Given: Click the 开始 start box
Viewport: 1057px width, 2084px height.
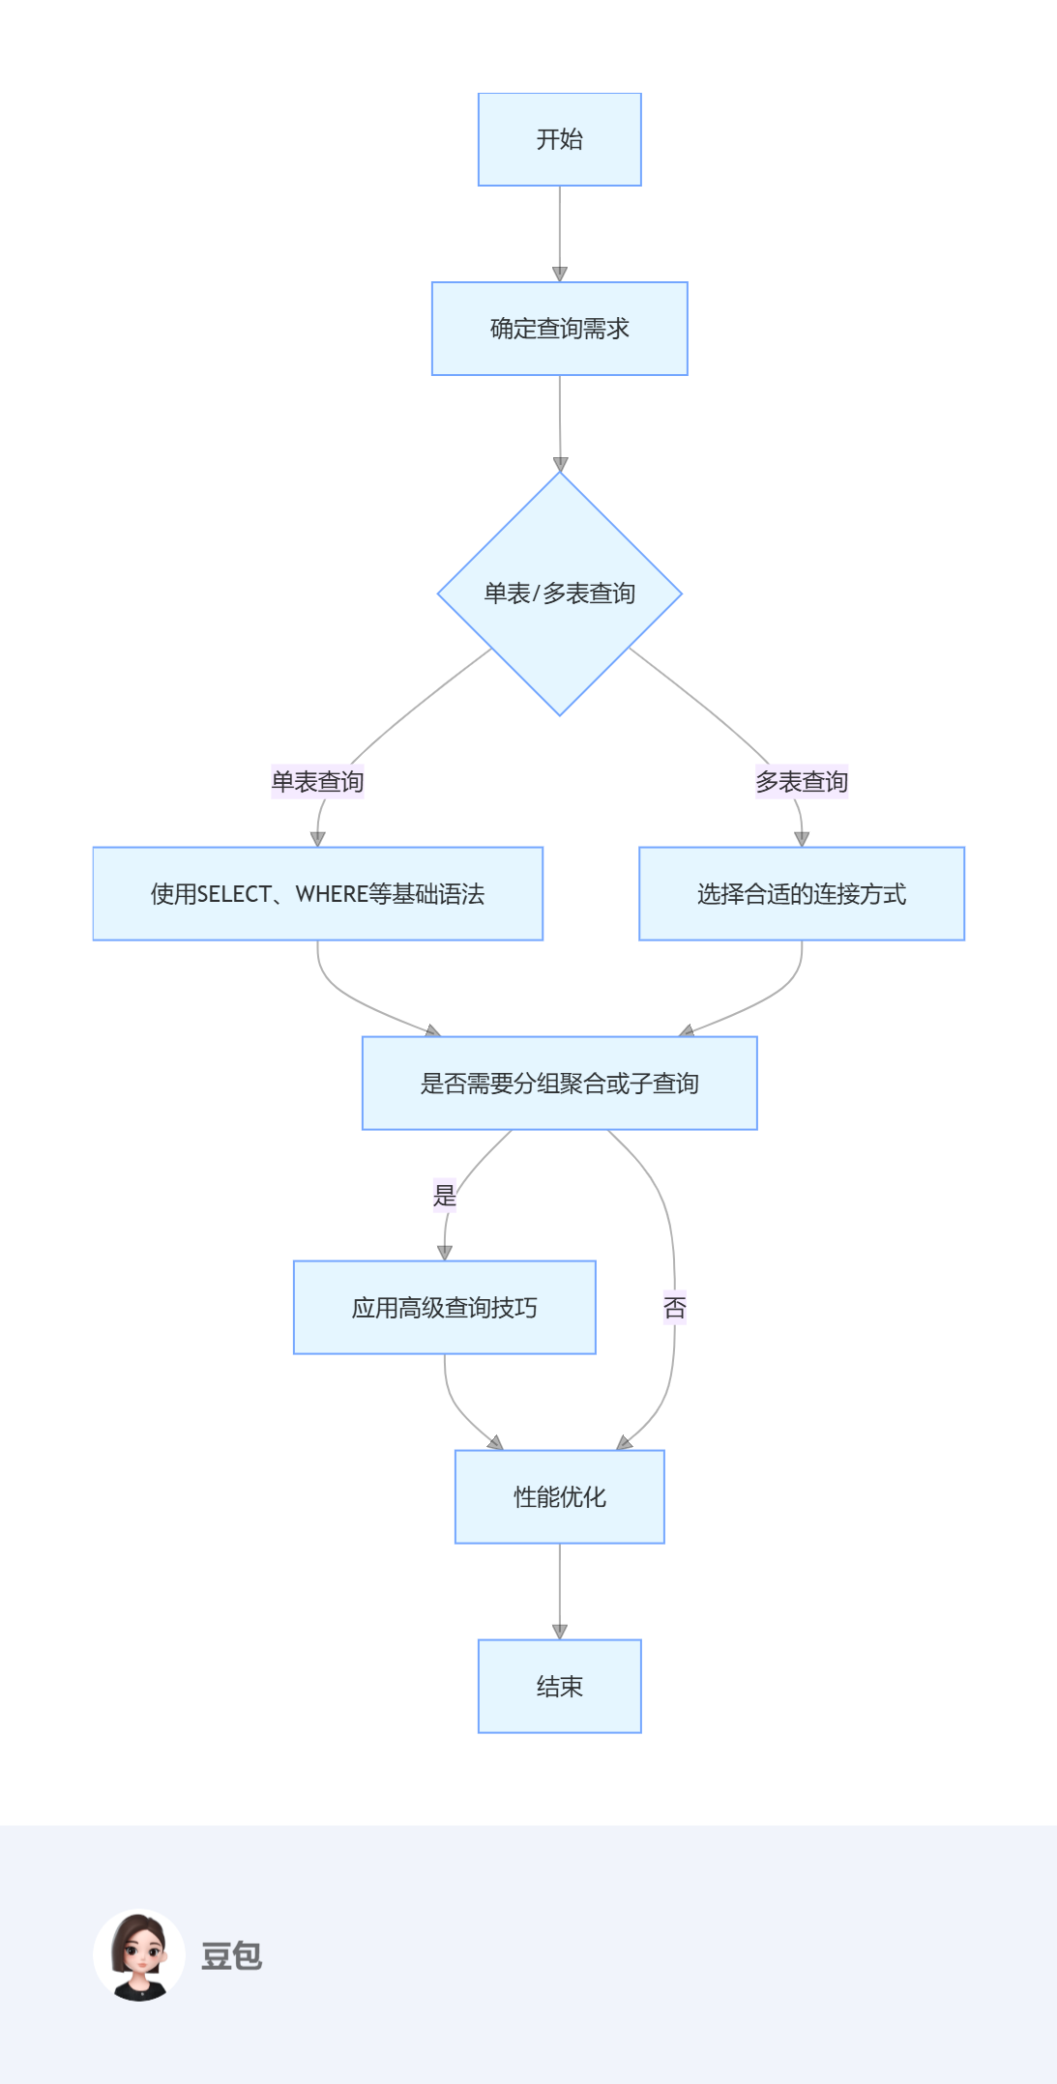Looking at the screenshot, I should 559,139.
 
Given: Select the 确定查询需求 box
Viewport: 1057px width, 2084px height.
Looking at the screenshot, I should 559,329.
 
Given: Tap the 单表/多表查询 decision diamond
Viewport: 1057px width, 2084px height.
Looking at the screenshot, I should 559,593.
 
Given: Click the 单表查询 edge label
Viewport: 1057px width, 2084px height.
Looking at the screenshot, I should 317,781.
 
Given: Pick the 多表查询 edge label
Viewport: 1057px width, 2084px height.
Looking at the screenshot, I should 801,781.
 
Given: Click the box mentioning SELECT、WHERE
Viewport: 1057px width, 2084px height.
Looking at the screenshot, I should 317,894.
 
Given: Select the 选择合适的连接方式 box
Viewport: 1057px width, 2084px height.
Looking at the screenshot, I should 801,894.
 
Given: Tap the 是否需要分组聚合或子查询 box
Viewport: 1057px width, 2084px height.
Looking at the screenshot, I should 559,1084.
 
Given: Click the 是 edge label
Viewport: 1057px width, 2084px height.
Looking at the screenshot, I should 444,1196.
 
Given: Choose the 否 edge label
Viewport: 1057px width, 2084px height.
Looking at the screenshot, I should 674,1308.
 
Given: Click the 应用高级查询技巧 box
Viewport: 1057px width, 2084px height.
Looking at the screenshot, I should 444,1308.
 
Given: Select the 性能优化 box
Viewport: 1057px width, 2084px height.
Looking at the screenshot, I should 559,1497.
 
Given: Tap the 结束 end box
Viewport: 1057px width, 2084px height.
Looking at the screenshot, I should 559,1687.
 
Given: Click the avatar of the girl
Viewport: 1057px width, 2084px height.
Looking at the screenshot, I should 139,1954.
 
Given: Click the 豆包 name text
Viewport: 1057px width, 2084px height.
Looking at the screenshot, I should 231,1955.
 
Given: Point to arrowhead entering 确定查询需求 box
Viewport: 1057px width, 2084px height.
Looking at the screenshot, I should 559,274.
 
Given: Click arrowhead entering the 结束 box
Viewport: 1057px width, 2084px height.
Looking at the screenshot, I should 559,1632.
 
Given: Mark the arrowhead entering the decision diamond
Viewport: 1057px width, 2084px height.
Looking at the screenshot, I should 560,464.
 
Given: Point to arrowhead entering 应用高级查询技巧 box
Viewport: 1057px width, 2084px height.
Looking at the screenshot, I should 444,1253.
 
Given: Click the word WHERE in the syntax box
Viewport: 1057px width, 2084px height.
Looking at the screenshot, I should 332,894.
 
